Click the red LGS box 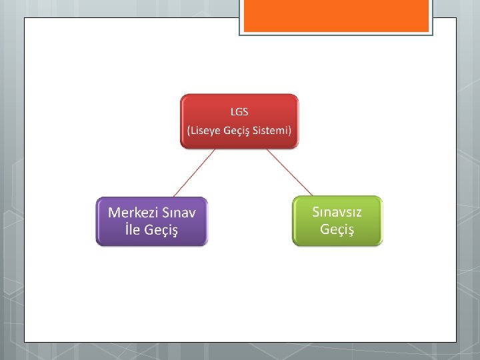point(239,120)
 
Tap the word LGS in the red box point(239,111)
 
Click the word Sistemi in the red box point(271,130)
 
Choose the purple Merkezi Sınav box point(152,221)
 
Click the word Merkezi point(133,213)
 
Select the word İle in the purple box point(132,230)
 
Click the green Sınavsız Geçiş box point(337,220)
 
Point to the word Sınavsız point(337,211)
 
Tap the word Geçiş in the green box point(337,229)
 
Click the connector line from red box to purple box point(196,172)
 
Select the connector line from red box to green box point(289,171)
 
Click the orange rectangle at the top point(335,16)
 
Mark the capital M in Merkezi point(114,213)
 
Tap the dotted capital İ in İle point(127,230)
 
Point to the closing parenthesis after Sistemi point(290,130)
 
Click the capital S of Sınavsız point(317,211)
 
